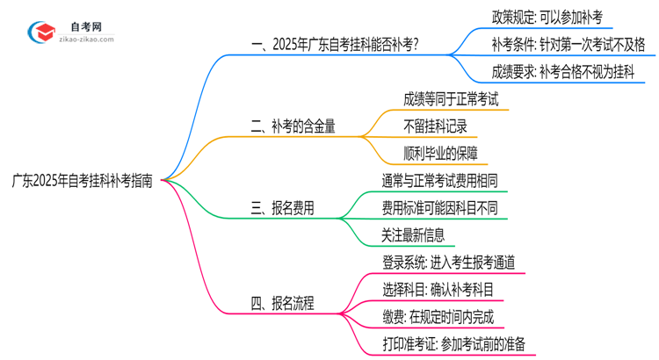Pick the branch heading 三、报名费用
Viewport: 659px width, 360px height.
(282, 209)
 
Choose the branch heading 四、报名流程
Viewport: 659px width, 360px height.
(282, 305)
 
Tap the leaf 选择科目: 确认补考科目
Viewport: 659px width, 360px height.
(438, 291)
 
